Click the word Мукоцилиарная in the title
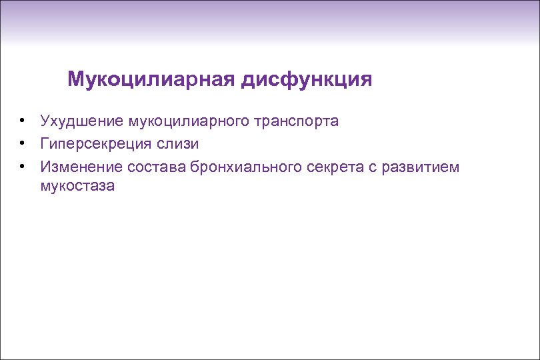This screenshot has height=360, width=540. click(151, 81)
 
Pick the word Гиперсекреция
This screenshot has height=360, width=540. click(97, 143)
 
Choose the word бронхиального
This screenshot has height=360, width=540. click(247, 165)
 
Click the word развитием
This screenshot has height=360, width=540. click(419, 165)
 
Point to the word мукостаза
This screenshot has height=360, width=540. click(77, 186)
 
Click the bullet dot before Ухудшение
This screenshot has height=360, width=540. click(22, 121)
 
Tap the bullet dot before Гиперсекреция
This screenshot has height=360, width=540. click(22, 143)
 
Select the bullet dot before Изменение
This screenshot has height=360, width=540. click(22, 165)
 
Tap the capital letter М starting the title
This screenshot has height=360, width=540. click(75, 81)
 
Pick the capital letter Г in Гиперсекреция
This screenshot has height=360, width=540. click(44, 143)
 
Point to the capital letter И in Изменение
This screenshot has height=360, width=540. click(45, 165)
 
